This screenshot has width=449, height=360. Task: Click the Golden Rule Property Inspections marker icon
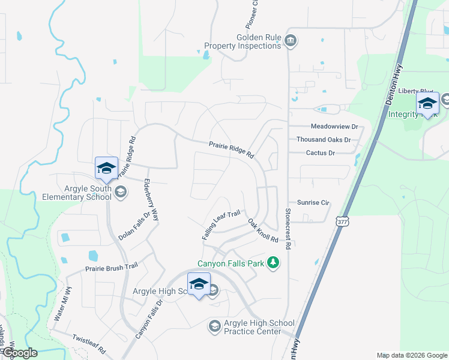click(291, 41)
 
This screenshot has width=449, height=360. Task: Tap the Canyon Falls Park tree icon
click(273, 262)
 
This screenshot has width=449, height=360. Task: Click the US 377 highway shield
click(342, 221)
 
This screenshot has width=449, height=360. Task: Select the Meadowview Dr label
click(334, 127)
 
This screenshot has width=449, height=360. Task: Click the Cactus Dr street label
click(320, 153)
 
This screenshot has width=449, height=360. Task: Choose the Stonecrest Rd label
click(288, 227)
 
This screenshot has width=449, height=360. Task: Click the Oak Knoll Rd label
click(264, 230)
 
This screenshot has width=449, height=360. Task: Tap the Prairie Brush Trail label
click(107, 269)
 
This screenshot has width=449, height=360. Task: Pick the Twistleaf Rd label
click(89, 343)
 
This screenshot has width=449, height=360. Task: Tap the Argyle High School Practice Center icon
click(214, 326)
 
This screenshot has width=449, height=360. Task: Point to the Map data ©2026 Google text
click(411, 355)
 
